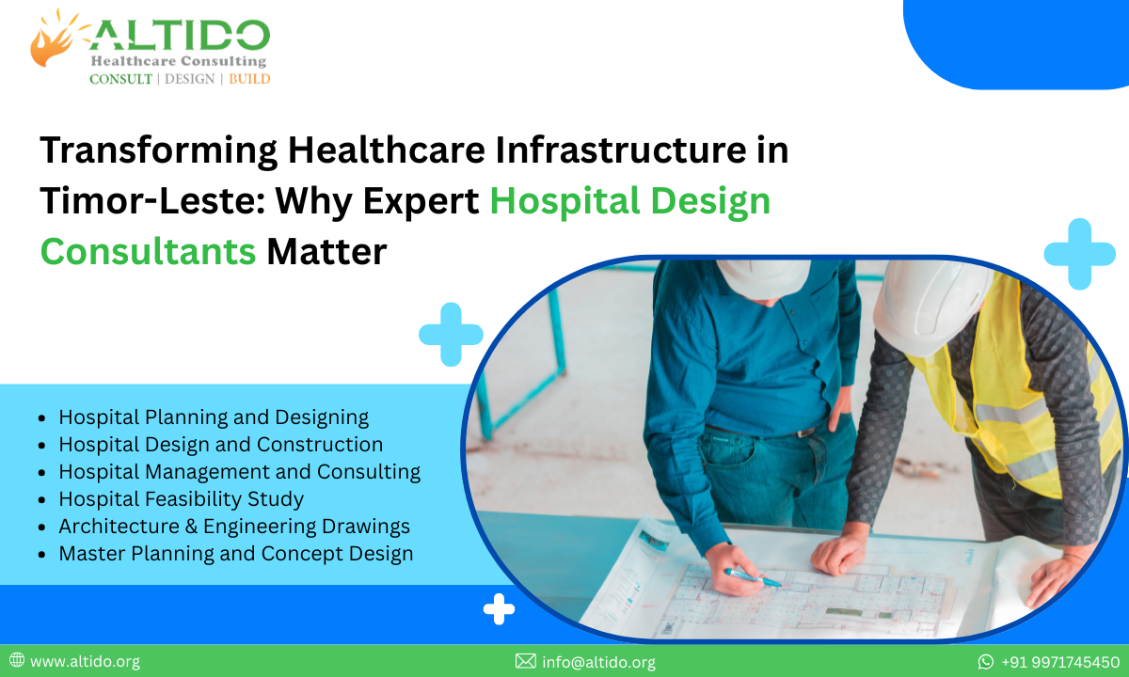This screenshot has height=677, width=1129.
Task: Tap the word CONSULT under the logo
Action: [x=120, y=79]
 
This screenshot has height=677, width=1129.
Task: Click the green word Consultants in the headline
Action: [x=148, y=251]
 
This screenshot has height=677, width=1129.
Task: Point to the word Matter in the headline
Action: [x=326, y=251]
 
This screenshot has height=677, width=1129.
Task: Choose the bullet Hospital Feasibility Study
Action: [x=181, y=498]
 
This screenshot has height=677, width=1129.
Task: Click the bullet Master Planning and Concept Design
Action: [x=235, y=553]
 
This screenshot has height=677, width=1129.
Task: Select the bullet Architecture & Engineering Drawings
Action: [x=233, y=526]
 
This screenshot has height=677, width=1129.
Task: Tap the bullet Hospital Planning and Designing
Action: [x=214, y=417]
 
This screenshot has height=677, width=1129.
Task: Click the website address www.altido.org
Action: [x=85, y=662]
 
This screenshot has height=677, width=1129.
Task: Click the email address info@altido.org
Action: [x=598, y=662]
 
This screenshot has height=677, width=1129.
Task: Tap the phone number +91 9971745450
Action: [x=1059, y=662]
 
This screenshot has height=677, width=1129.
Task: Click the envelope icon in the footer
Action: [x=526, y=662]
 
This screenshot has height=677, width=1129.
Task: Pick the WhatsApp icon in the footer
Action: [x=986, y=662]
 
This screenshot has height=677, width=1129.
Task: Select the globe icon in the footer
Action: [x=17, y=661]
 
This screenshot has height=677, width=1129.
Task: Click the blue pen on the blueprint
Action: [x=752, y=577]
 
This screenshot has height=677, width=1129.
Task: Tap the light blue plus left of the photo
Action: [x=451, y=334]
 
